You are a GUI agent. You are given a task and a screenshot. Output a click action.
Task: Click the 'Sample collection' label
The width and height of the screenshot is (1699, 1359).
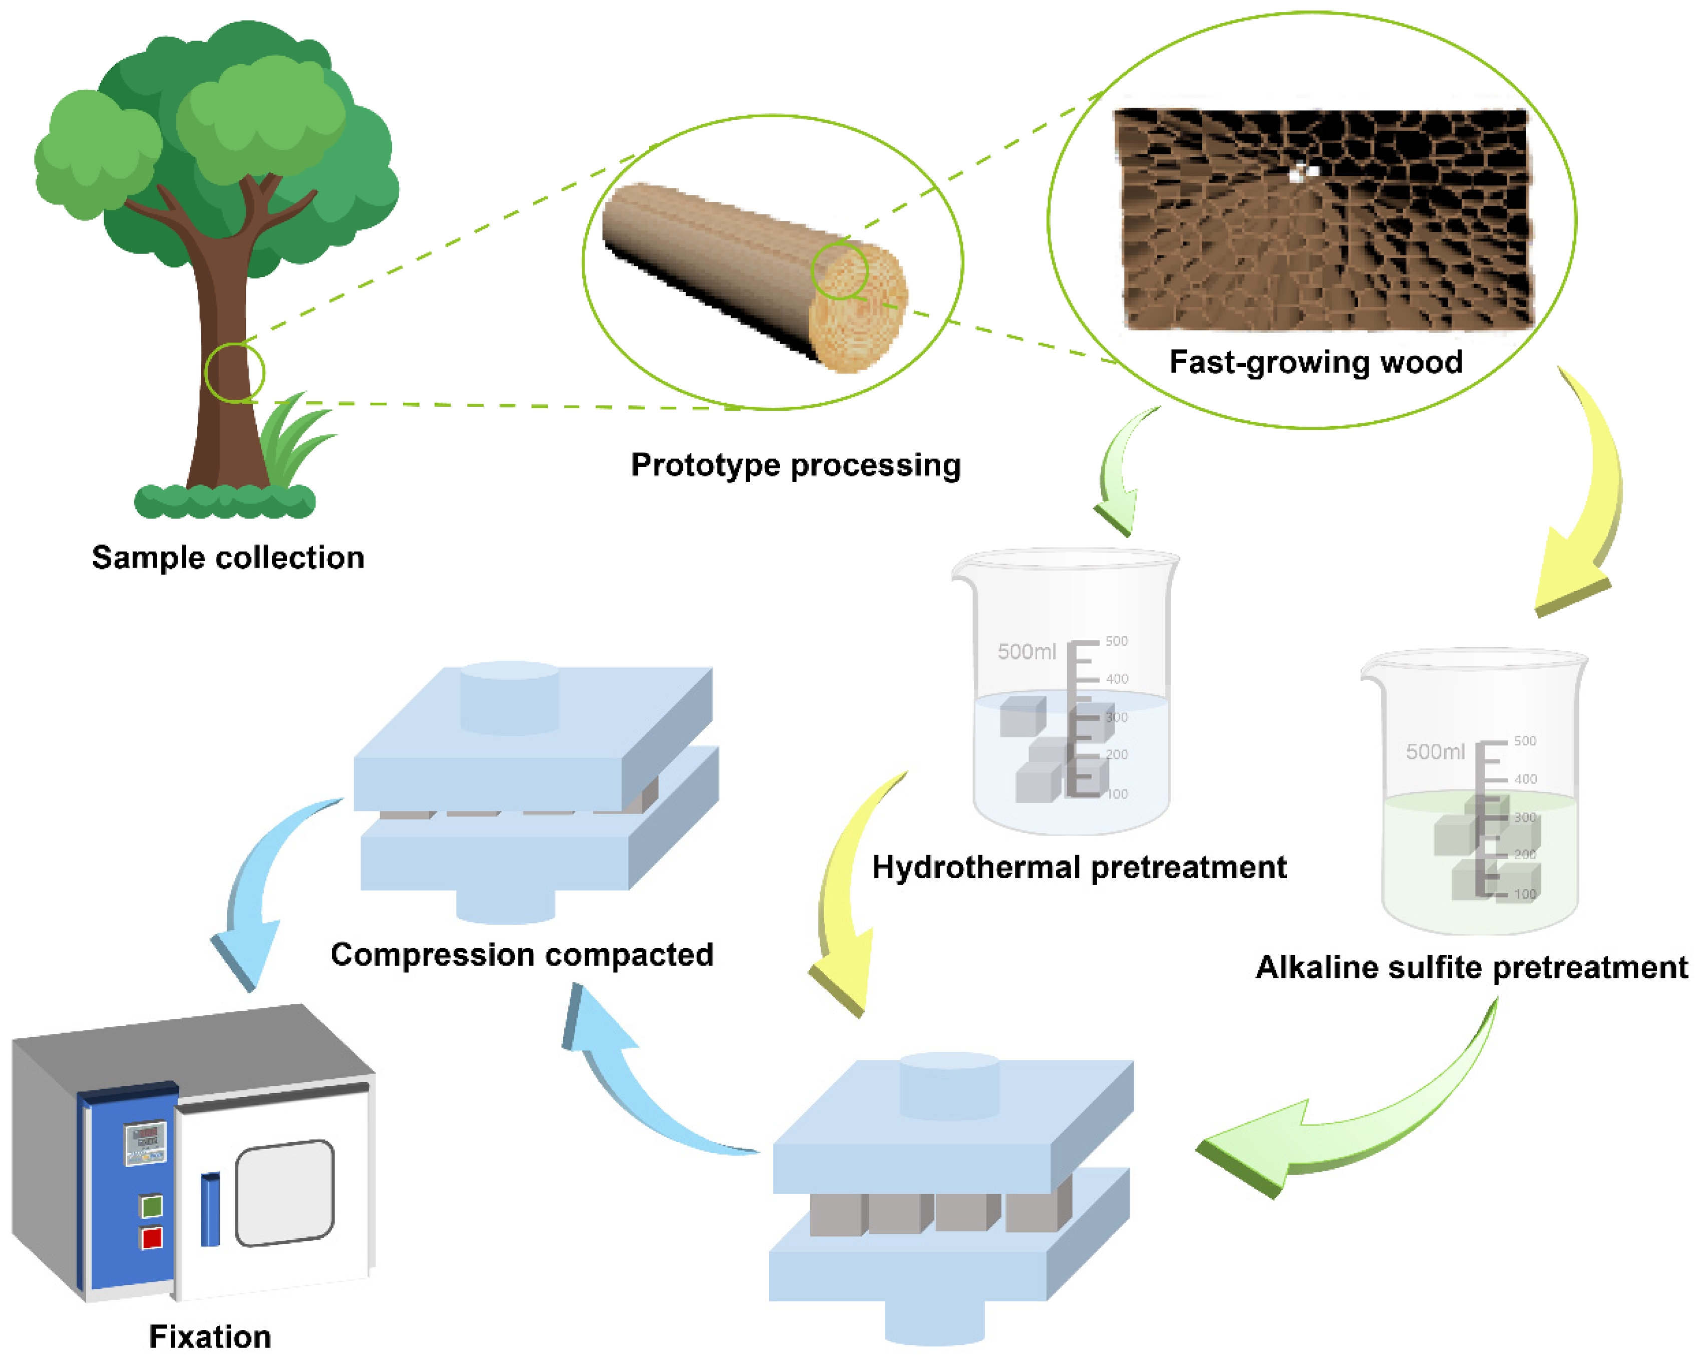[x=228, y=558]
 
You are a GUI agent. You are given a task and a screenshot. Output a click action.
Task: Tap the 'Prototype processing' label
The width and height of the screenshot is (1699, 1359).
[x=796, y=465]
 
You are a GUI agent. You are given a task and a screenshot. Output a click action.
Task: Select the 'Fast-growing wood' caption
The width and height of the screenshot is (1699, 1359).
[x=1315, y=362]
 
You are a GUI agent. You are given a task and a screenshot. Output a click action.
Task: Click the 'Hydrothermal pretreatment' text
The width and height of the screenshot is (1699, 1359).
[x=1079, y=867]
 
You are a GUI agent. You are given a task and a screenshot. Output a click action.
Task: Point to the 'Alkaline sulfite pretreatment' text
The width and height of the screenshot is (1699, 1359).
[x=1471, y=967]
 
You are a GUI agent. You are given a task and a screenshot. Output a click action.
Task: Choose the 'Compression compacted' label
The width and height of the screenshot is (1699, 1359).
[x=522, y=955]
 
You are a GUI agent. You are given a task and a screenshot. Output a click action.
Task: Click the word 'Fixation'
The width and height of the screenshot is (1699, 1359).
[x=210, y=1337]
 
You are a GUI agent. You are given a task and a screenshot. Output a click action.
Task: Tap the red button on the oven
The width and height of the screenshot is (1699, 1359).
[x=151, y=1238]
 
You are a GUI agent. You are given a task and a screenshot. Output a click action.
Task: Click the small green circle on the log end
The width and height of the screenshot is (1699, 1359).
[x=840, y=270]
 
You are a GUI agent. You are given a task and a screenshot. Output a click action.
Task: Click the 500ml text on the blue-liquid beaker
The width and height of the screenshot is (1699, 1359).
[x=1026, y=651]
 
